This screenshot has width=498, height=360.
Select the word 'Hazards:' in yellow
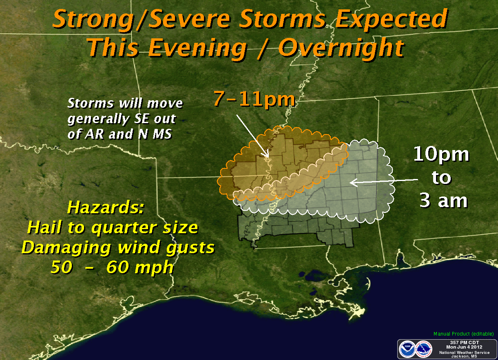tap(105, 207)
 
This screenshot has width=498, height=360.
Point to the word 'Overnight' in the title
tap(341, 48)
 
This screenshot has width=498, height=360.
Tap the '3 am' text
tap(443, 201)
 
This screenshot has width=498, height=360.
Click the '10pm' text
tap(441, 155)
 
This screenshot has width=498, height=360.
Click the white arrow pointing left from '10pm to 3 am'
tap(383, 181)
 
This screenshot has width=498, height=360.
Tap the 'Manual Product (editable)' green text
tap(463, 334)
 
